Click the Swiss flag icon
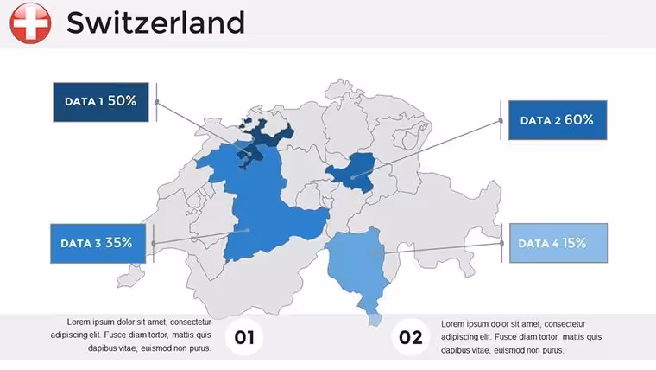click(x=30, y=23)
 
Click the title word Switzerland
click(x=155, y=22)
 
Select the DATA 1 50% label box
click(x=101, y=102)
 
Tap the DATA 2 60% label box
click(x=558, y=120)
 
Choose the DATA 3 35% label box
click(x=98, y=244)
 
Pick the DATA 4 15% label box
click(x=558, y=243)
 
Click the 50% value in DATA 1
click(x=123, y=101)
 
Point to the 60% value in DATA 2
click(x=579, y=120)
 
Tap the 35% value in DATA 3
click(x=119, y=243)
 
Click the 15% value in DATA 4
click(x=574, y=243)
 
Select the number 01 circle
click(x=244, y=337)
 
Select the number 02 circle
click(x=410, y=337)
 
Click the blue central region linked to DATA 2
click(x=351, y=172)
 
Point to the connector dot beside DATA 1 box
click(x=157, y=102)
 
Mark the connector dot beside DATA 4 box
click(x=501, y=243)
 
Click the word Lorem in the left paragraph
click(x=78, y=322)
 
